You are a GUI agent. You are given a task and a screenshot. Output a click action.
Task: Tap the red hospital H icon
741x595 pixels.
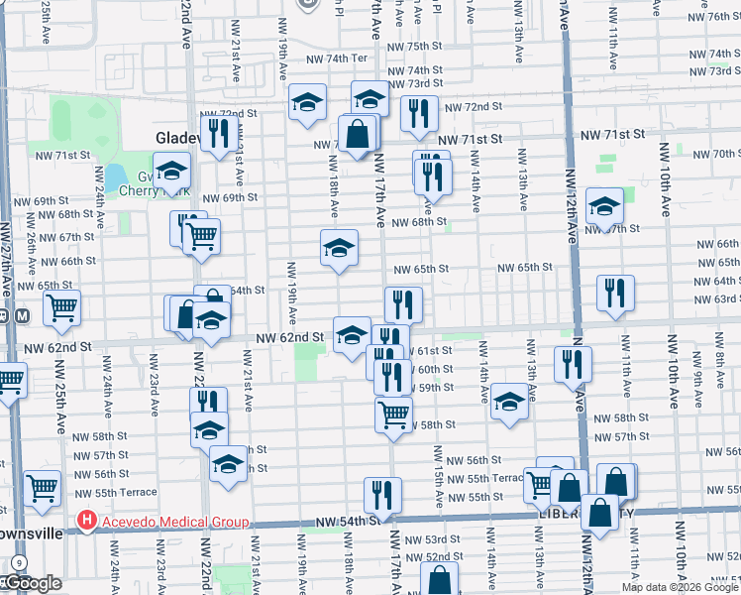coord(87,520)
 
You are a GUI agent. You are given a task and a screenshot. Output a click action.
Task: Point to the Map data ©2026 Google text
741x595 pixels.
coord(680,587)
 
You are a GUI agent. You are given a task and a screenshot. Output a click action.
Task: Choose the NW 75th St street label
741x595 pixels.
coord(414,47)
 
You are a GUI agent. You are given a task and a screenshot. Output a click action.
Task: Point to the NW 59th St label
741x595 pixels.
coord(434,387)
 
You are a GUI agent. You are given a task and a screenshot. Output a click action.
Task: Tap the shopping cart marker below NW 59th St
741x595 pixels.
coord(393,412)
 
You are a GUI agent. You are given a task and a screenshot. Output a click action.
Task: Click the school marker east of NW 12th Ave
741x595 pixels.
coord(603,205)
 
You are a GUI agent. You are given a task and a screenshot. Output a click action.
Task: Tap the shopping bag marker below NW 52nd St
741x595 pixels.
coord(440,577)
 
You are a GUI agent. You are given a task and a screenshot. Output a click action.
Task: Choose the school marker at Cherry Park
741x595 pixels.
coord(171,172)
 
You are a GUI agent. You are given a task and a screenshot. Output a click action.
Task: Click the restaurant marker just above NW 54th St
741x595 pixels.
coord(382,494)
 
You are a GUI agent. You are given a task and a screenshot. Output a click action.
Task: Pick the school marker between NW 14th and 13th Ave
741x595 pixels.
coord(509,401)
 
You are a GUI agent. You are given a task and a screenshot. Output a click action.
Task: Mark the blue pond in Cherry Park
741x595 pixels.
coord(116,177)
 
